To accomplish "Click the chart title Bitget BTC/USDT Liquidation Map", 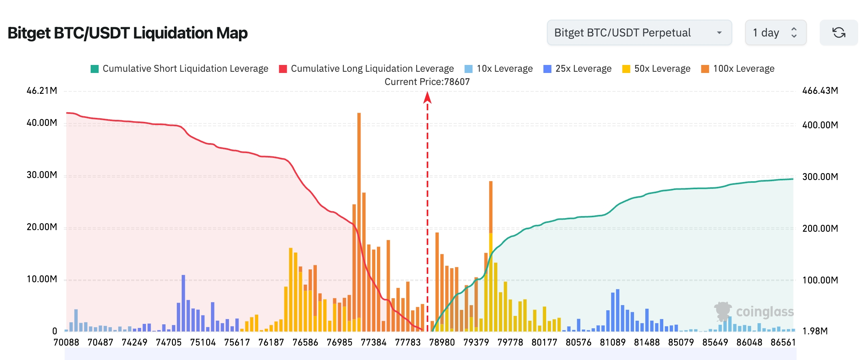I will click(x=128, y=33).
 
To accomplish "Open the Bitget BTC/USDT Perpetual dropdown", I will click(x=639, y=32).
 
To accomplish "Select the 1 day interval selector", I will click(x=775, y=32).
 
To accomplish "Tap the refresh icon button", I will click(x=839, y=32).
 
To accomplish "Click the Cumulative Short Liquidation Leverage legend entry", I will click(x=179, y=69).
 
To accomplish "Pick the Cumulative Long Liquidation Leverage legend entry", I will click(x=366, y=69).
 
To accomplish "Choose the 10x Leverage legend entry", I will click(x=498, y=69).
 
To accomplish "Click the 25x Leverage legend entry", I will click(x=577, y=69).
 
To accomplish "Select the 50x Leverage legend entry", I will click(x=656, y=69).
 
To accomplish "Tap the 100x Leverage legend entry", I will click(x=737, y=69).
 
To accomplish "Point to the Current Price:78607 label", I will click(x=427, y=82).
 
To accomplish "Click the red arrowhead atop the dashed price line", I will click(x=427, y=97).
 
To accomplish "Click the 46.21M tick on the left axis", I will click(x=42, y=91).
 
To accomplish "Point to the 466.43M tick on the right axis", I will click(x=820, y=91).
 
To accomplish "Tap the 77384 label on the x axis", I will click(x=373, y=342).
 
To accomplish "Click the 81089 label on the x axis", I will click(x=612, y=342).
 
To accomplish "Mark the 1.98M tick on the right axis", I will click(x=814, y=331).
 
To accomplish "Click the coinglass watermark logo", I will click(x=754, y=312).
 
